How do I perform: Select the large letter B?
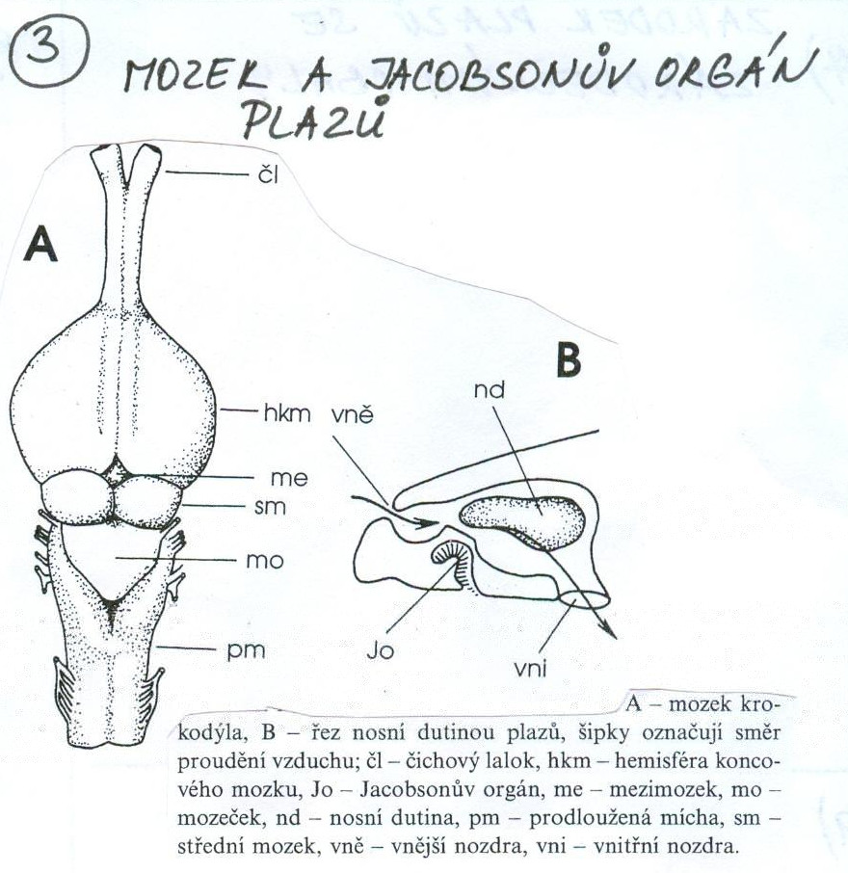coord(569,360)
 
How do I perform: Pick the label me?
coord(278,477)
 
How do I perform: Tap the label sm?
coord(273,507)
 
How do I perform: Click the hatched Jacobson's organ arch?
coord(452,555)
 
